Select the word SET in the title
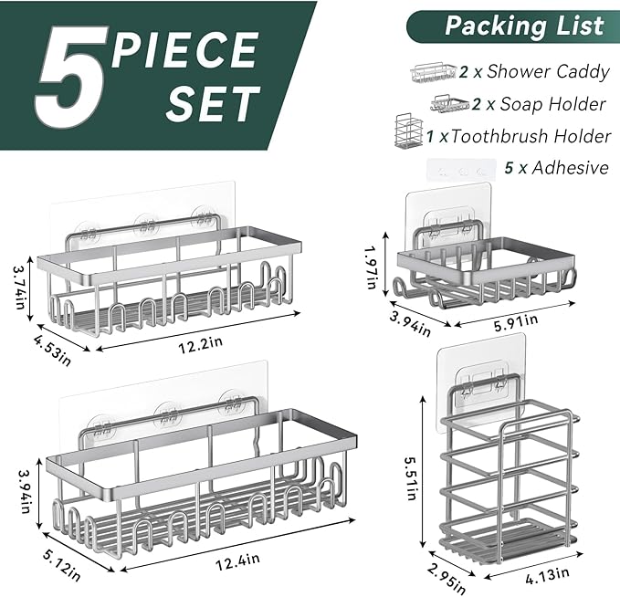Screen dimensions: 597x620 [x=211, y=104]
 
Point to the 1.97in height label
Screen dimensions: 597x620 [x=372, y=264]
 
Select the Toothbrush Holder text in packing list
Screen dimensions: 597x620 [x=531, y=136]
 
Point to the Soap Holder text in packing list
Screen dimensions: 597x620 [x=553, y=104]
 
